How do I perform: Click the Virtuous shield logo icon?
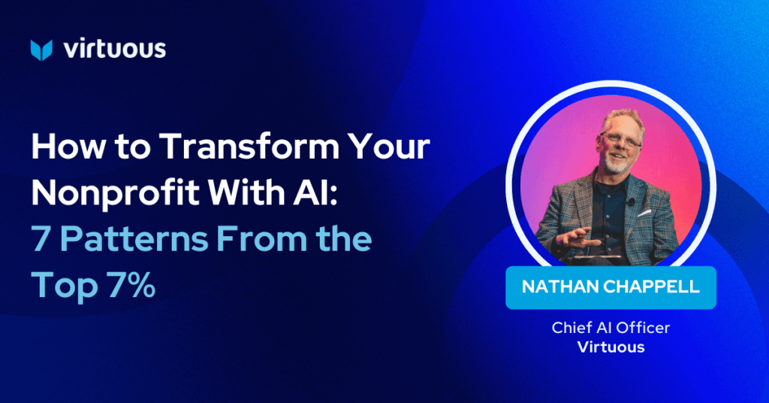pyautogui.click(x=41, y=50)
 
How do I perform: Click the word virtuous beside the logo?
pyautogui.click(x=115, y=50)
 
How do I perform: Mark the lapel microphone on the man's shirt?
pyautogui.click(x=631, y=201)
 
